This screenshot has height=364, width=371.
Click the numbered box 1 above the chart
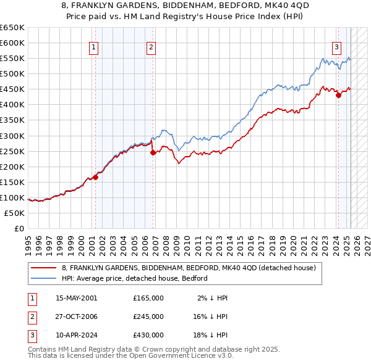[x=93, y=47]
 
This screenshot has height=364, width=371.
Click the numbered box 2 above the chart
[x=151, y=47]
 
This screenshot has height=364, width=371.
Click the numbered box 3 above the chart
[x=336, y=47]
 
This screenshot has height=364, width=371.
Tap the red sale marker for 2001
[x=96, y=177]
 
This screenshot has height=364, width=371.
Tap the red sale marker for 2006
[x=153, y=152]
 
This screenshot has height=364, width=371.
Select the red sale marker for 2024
[x=338, y=95]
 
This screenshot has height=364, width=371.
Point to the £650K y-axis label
[x=12, y=28]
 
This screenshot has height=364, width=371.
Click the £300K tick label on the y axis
[x=12, y=136]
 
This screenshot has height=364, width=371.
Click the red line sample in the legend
[x=44, y=268]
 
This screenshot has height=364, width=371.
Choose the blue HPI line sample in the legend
[x=44, y=278]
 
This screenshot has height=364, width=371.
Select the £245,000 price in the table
[x=148, y=316]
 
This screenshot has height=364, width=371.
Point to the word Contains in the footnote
[x=43, y=349]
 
